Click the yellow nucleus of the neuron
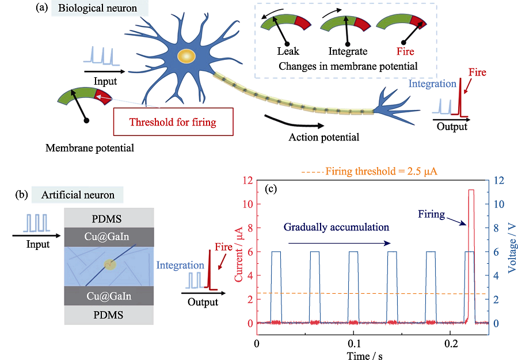(186, 56)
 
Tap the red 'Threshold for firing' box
(173, 122)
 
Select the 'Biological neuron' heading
(97, 8)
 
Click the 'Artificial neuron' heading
(78, 195)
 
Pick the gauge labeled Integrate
(345, 23)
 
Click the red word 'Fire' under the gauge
(405, 51)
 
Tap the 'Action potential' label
(323, 137)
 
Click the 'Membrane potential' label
(90, 148)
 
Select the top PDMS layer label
(106, 218)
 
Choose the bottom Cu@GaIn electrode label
(109, 296)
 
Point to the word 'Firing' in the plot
(432, 214)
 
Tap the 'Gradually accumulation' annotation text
(336, 227)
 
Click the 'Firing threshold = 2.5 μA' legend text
(381, 171)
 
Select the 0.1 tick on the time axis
(354, 343)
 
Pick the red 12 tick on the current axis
(247, 180)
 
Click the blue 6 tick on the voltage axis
(496, 252)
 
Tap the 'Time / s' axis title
(365, 355)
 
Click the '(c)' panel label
(271, 189)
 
